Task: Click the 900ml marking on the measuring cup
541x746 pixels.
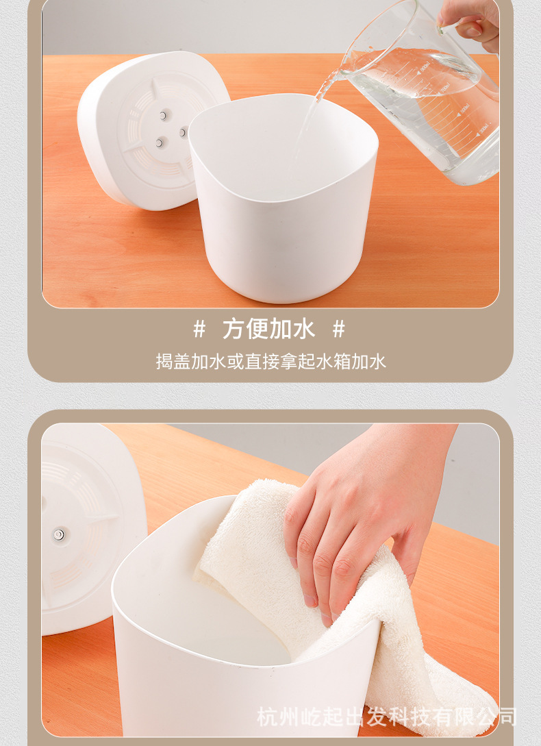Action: [425, 69]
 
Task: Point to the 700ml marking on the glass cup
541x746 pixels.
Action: [445, 88]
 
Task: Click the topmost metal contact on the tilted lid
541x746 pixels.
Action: [164, 115]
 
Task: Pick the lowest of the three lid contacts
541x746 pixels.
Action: [160, 142]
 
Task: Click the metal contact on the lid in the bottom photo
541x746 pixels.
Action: [58, 534]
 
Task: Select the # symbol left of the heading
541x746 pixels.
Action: [200, 329]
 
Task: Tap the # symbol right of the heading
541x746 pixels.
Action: [339, 329]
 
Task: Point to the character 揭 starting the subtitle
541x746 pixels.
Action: [164, 362]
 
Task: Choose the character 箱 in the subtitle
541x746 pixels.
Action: [342, 362]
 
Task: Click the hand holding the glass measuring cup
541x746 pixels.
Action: [470, 23]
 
